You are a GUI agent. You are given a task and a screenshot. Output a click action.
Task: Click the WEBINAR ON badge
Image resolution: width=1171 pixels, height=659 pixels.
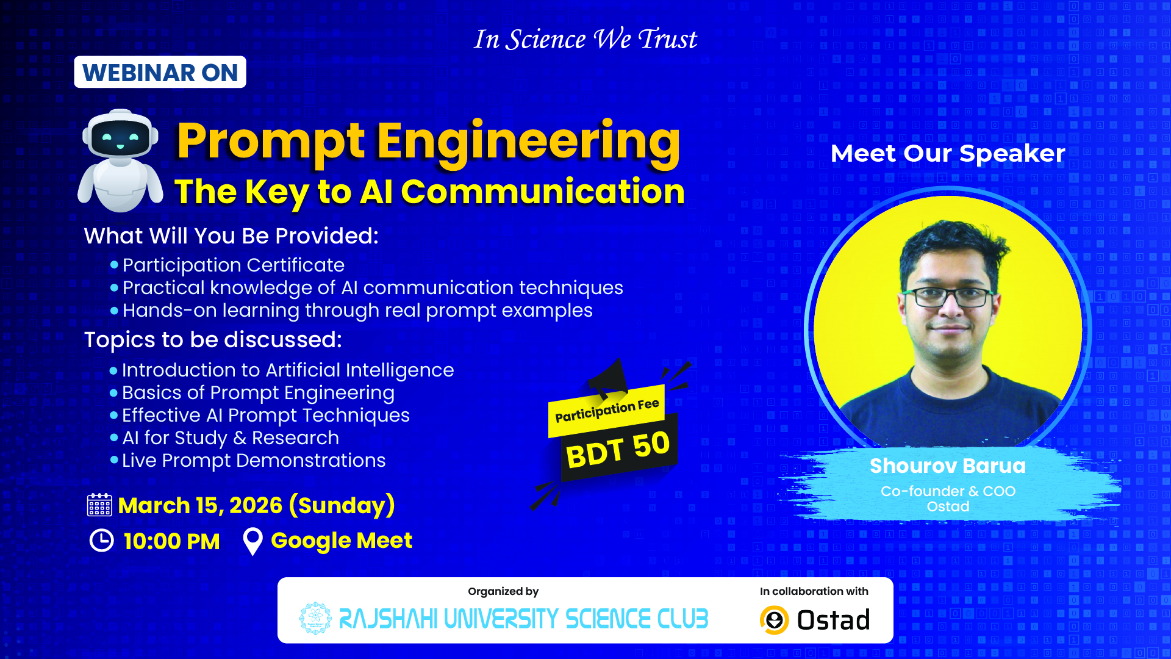pos(160,72)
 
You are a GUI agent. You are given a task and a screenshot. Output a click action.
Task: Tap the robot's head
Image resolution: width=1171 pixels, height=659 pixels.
pos(121,135)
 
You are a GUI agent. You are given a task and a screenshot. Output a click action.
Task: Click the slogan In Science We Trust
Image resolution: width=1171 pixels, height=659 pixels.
pos(585,40)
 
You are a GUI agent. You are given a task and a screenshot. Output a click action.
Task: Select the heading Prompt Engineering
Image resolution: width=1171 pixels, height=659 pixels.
pos(428,142)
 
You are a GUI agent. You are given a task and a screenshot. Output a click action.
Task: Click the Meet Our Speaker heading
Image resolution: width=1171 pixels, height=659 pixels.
pos(948,153)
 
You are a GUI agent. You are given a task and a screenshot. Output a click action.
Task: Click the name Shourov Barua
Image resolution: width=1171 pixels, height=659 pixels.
pos(948,466)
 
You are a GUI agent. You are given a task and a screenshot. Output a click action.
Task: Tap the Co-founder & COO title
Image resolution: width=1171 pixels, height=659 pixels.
pos(948,491)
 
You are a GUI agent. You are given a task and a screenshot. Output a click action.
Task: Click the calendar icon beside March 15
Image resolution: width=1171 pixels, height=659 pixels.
pos(99,505)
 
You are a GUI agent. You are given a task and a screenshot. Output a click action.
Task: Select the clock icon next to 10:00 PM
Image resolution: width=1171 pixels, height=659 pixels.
pos(102,541)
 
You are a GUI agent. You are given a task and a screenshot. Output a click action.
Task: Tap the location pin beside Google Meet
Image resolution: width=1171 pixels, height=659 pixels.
pos(252,541)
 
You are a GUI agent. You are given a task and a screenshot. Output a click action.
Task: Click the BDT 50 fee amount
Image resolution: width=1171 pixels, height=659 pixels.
pos(618,449)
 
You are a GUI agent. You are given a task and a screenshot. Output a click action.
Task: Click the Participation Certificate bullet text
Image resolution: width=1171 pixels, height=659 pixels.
pos(234,265)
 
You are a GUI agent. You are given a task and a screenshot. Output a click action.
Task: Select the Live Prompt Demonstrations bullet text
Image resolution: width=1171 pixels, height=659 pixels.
pos(254,461)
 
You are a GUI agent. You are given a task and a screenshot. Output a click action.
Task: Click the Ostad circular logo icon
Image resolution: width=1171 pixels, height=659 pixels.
pos(775,620)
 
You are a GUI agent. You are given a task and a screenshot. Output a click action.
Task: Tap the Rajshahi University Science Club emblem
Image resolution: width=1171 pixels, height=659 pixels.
pos(315,618)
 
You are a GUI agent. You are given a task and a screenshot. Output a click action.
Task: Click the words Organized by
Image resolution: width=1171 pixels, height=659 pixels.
pos(503,591)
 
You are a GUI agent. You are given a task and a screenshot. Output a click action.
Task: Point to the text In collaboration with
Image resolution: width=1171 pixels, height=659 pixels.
pos(814,591)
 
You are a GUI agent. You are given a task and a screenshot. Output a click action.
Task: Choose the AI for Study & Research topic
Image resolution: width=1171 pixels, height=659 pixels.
pos(231,438)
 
